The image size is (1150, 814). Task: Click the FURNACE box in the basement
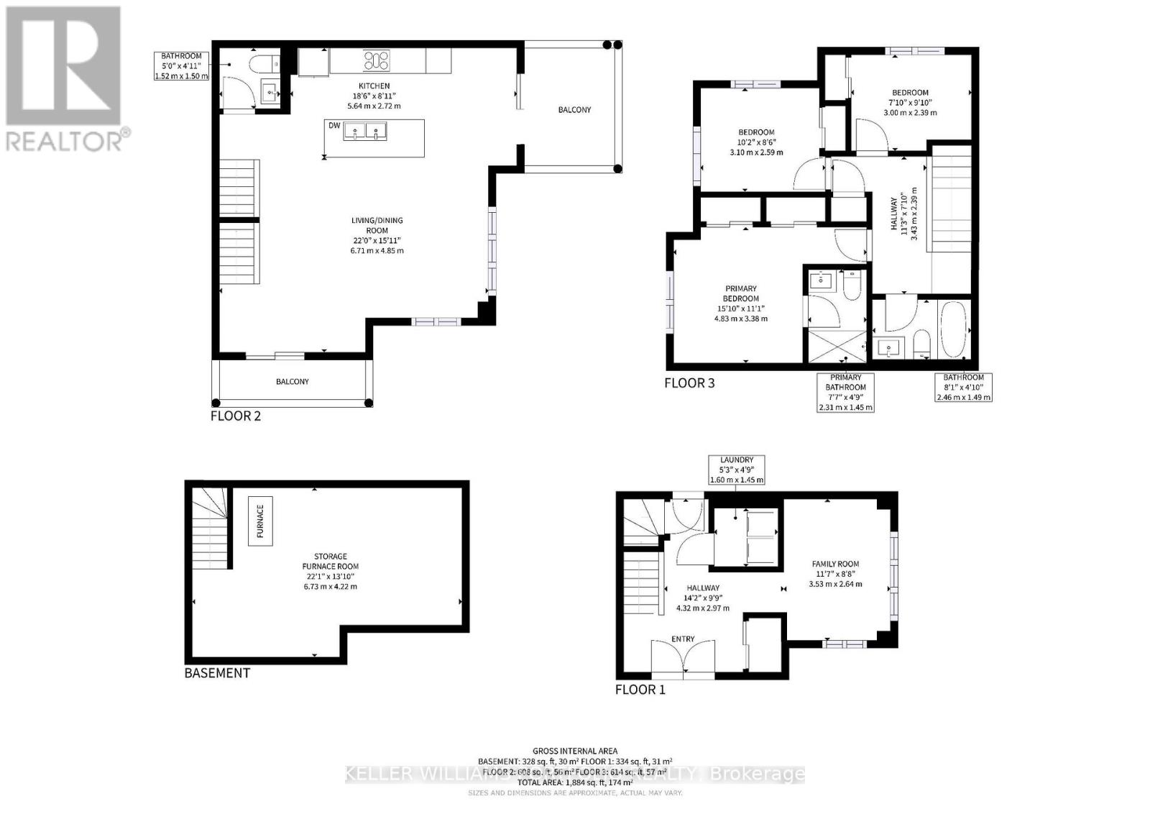pyautogui.click(x=260, y=521)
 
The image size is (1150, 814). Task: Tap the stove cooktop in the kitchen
pyautogui.click(x=377, y=60)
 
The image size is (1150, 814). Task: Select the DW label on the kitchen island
pyautogui.click(x=333, y=126)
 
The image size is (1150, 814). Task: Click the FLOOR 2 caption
pyautogui.click(x=236, y=416)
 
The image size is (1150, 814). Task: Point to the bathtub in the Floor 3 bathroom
pyautogui.click(x=954, y=329)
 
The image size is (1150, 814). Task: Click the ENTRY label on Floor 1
pyautogui.click(x=683, y=639)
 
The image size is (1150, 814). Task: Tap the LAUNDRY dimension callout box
pyautogui.click(x=736, y=470)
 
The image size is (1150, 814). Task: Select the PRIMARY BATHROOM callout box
pyautogui.click(x=846, y=392)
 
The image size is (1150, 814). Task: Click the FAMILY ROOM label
pyautogui.click(x=835, y=564)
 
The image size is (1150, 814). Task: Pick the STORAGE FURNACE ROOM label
pyautogui.click(x=330, y=561)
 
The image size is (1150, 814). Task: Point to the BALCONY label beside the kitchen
pyautogui.click(x=574, y=110)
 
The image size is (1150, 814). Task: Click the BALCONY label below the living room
pyautogui.click(x=293, y=381)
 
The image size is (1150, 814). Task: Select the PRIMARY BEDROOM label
pyautogui.click(x=740, y=293)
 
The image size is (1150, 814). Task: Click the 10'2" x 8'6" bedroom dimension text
pyautogui.click(x=756, y=142)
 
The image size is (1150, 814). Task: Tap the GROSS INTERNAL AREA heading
pyautogui.click(x=575, y=751)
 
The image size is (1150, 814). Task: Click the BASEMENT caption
pyautogui.click(x=217, y=673)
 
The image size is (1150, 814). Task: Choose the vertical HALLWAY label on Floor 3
pyautogui.click(x=895, y=214)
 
